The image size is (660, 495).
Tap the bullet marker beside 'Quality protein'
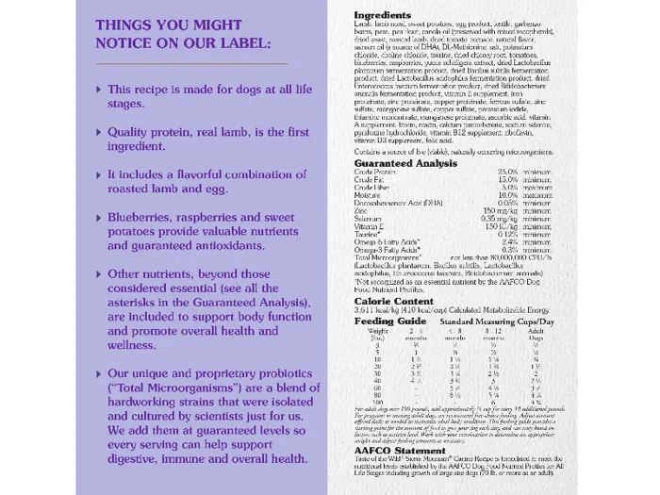(99, 132)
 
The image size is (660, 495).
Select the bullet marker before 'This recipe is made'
(99, 89)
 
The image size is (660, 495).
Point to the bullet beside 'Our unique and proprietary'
(99, 373)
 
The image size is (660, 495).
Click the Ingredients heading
(382, 16)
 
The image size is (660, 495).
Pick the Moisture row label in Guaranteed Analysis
(369, 194)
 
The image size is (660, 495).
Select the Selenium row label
(370, 218)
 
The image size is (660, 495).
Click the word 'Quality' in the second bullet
(133, 132)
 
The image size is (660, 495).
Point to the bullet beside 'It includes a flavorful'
(99, 174)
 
